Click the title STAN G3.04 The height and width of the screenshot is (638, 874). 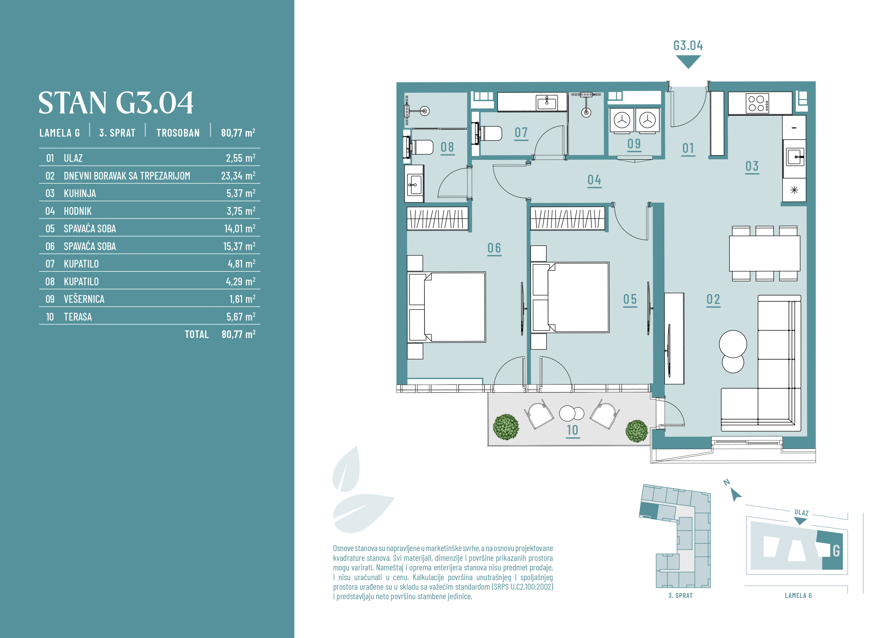click(116, 103)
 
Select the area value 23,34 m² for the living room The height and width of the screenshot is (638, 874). click(238, 176)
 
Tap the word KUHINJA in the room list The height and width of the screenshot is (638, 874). click(80, 193)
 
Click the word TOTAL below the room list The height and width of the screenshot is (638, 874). click(197, 334)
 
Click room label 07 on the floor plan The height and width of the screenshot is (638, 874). click(521, 132)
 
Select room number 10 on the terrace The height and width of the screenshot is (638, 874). click(573, 430)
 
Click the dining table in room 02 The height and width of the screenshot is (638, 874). click(765, 253)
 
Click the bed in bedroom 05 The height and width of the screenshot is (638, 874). click(570, 297)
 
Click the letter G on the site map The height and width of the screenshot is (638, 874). click(836, 551)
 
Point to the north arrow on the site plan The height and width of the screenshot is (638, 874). click(736, 495)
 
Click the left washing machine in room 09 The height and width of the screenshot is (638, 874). click(622, 120)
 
